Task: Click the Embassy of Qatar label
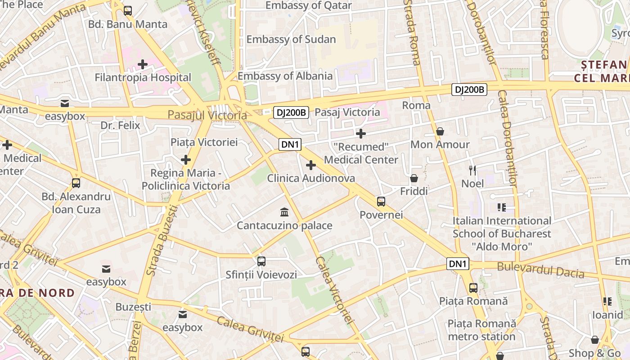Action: click(308, 6)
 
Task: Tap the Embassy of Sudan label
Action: click(291, 39)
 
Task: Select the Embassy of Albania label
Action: click(285, 76)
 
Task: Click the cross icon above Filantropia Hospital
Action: click(143, 64)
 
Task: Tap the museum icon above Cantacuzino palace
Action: click(284, 212)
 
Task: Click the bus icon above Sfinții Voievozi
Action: click(261, 261)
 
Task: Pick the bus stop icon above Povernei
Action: click(381, 201)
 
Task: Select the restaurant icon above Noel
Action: click(472, 170)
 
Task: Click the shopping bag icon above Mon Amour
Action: click(440, 131)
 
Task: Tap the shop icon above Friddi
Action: click(414, 178)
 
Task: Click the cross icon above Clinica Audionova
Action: click(310, 165)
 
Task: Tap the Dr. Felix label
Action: click(120, 125)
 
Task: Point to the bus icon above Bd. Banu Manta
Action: click(128, 11)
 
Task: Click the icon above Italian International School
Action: click(502, 207)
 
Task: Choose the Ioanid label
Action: click(607, 315)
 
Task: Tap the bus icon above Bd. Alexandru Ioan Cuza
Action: click(76, 183)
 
